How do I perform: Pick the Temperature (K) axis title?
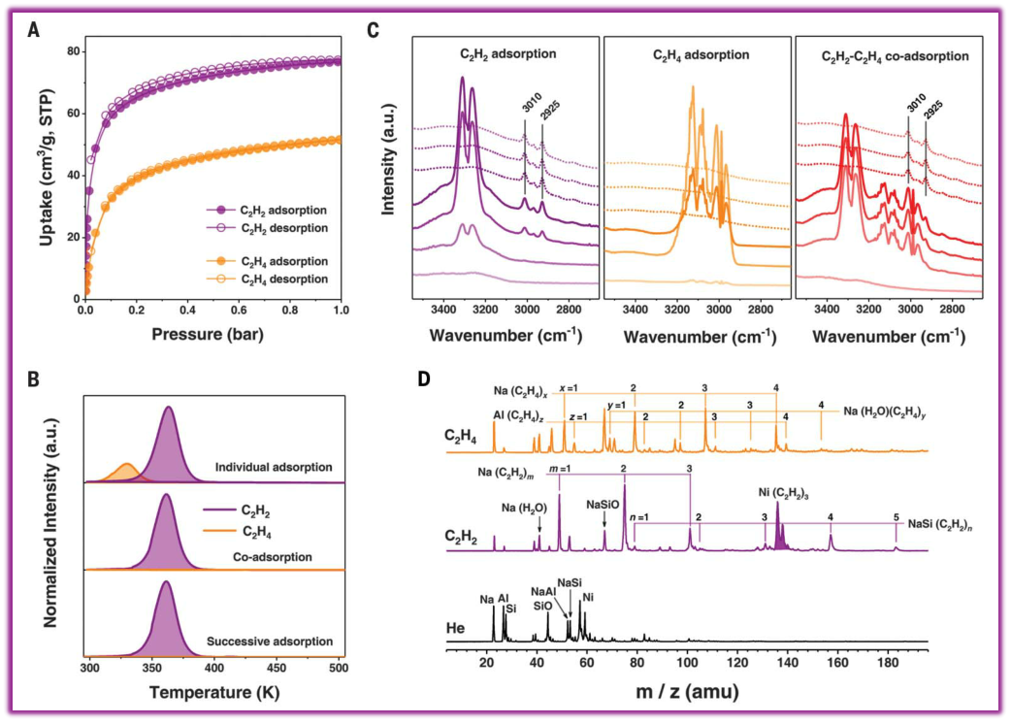pyautogui.click(x=213, y=694)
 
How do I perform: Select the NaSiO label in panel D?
pyautogui.click(x=603, y=505)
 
